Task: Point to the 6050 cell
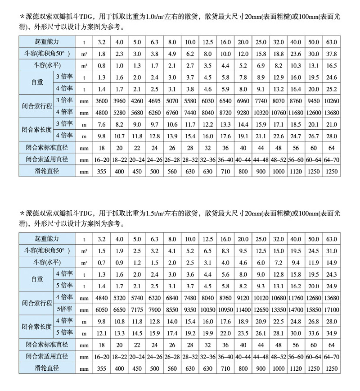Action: click(x=101, y=310)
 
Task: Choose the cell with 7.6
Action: click(x=101, y=123)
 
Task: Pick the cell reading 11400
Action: click(x=243, y=310)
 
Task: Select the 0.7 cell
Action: click(x=101, y=262)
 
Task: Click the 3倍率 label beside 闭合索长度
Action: click(x=63, y=123)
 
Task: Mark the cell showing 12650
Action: click(x=261, y=310)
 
